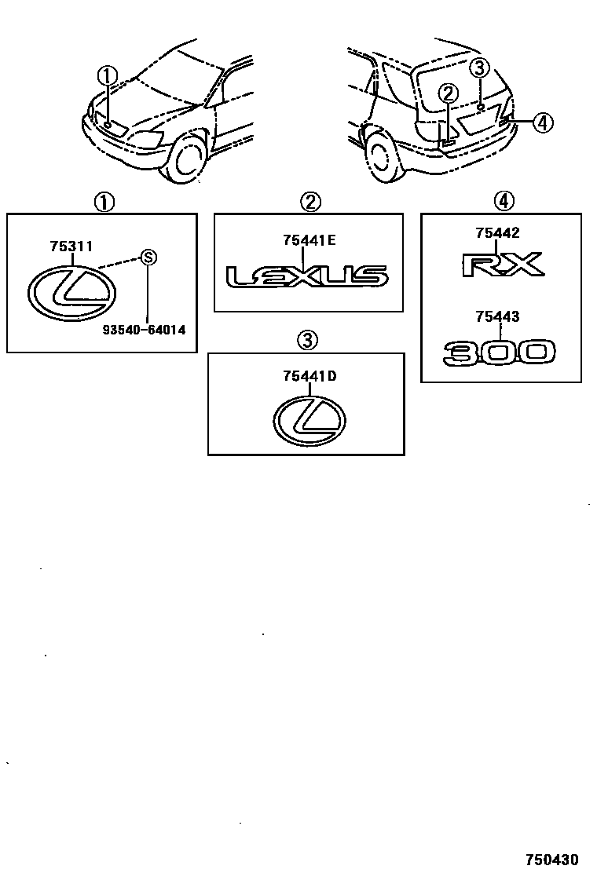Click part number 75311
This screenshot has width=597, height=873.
coord(71,246)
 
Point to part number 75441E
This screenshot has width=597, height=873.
coord(309,240)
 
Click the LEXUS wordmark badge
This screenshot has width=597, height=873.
coord(307,276)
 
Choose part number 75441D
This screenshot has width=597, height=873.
coord(309,375)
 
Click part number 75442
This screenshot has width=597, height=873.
coord(497,232)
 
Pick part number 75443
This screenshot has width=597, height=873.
coord(497,317)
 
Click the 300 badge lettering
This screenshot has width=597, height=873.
coord(500,352)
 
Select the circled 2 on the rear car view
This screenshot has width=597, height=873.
coord(447,94)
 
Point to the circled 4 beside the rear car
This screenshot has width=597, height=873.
coord(542,122)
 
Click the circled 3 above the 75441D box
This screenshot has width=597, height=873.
coord(306,340)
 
